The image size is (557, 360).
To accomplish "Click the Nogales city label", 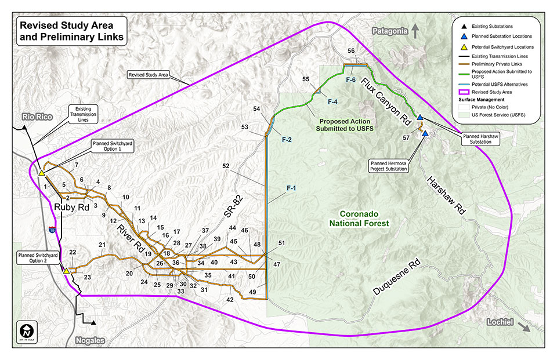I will coord(90,341).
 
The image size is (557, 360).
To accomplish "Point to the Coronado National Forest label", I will coord(355,218).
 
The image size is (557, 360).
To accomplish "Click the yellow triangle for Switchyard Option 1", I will coord(41,173).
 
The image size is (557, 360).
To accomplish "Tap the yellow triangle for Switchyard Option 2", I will coord(67,271).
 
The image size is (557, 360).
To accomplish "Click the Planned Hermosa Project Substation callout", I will coord(390,167).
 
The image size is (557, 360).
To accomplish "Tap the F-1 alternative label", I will coord(291,188).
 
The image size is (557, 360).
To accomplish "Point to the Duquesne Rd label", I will coord(397,278).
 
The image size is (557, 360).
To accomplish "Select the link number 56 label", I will coord(351,51).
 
